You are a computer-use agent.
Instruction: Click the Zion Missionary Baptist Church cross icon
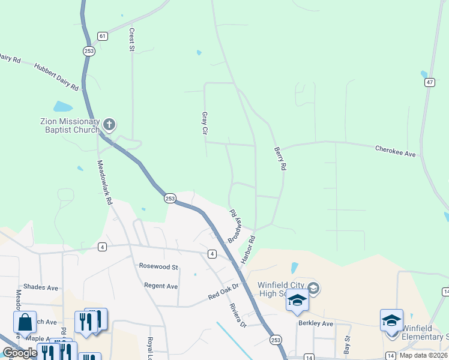[x=109, y=125]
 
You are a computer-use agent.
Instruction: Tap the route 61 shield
[x=103, y=36]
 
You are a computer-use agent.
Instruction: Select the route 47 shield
[x=429, y=82]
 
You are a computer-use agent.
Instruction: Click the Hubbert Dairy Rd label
[x=56, y=77]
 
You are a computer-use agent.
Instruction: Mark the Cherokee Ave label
[x=395, y=151]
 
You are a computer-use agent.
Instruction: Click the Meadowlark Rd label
[x=105, y=183]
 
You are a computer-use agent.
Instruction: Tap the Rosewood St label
[x=158, y=266]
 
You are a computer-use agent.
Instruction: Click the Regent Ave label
[x=161, y=286]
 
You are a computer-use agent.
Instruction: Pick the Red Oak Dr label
[x=223, y=292]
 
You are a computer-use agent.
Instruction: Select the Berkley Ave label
[x=315, y=323]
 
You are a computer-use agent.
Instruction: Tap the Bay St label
[x=346, y=344]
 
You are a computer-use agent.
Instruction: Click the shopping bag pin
[x=25, y=322]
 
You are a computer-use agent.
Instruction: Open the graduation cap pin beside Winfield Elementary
[x=391, y=320]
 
